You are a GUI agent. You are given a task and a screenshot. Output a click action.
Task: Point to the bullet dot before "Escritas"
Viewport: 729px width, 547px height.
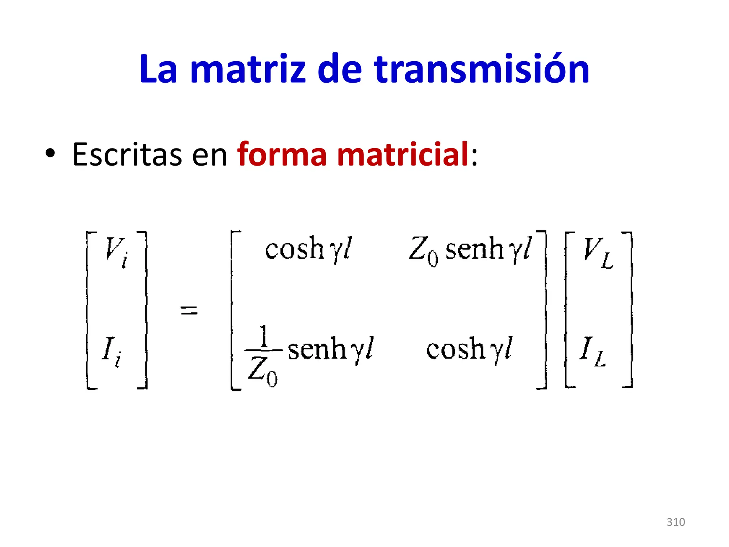coord(50,153)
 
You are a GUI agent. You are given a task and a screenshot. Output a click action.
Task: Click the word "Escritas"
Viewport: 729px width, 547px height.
coord(127,155)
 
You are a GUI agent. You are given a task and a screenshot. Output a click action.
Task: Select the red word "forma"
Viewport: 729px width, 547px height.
coord(282,155)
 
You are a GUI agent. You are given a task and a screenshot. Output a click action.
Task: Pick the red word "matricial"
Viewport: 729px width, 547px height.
coord(402,155)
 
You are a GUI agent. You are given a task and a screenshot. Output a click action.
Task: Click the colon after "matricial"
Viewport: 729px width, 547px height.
coord(474,157)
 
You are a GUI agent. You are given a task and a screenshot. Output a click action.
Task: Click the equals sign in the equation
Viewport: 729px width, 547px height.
coord(189,310)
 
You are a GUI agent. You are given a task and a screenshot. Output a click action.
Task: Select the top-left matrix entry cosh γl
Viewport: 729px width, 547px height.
coord(308,249)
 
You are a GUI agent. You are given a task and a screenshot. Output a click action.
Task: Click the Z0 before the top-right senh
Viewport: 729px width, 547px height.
coord(423,250)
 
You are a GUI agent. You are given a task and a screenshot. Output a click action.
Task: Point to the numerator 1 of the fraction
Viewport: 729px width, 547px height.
coord(263,336)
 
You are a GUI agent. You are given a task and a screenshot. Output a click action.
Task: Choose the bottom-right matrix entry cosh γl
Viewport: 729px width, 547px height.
coord(469,349)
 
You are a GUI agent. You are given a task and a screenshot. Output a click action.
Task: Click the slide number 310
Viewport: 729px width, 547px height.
coord(676,522)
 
